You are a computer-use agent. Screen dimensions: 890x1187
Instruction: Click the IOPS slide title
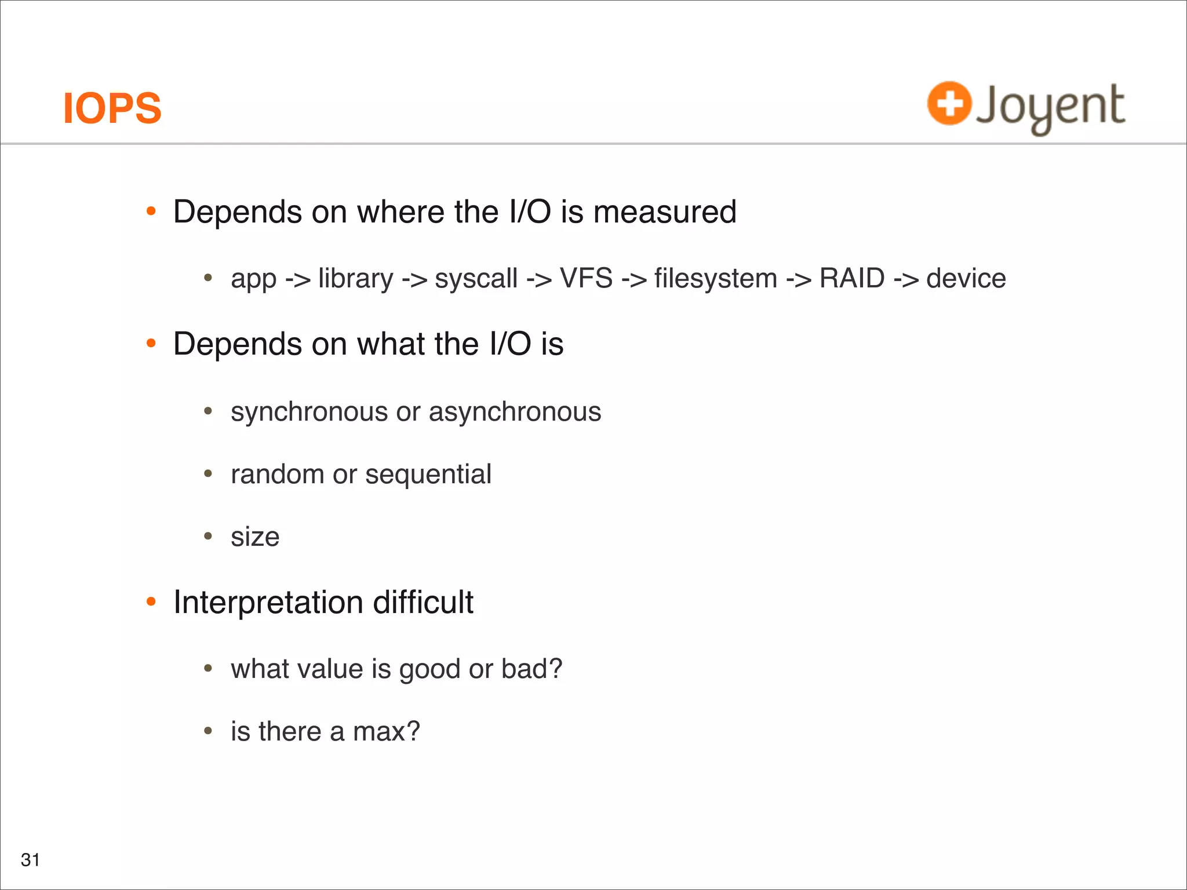112,108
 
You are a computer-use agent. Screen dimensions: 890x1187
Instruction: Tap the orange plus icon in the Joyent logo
949,104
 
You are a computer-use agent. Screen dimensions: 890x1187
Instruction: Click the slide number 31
30,860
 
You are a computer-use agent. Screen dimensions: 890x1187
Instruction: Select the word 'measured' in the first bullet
665,211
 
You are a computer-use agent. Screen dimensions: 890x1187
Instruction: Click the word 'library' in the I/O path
355,279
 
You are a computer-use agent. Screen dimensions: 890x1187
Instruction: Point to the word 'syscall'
476,279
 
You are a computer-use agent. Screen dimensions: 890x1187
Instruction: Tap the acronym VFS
586,279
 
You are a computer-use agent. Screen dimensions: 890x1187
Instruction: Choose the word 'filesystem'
715,279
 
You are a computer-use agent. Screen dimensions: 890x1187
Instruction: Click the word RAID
851,279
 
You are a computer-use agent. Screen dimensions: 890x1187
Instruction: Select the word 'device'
966,279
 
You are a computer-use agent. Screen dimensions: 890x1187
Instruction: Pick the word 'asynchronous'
515,412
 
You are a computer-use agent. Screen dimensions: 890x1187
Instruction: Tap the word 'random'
277,475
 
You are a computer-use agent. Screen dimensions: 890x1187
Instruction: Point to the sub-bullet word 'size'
255,537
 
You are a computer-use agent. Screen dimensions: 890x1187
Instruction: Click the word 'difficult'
423,602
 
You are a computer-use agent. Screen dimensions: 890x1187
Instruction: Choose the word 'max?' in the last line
386,732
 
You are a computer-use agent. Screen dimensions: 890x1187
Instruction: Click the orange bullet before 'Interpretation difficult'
151,602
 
